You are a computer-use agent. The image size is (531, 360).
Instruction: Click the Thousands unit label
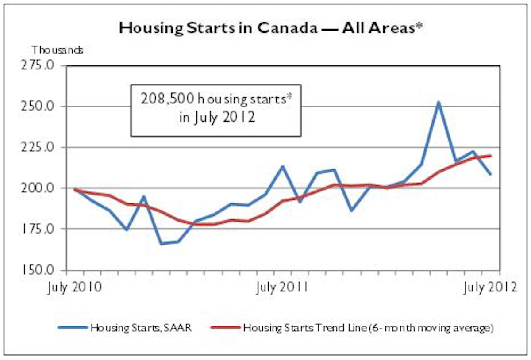click(57, 50)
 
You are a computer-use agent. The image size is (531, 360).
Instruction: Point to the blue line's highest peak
click(438, 102)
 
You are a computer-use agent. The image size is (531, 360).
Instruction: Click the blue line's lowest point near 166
click(161, 244)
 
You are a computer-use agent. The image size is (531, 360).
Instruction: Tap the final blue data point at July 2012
click(490, 174)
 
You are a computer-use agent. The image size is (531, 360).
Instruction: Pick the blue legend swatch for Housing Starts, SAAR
click(73, 328)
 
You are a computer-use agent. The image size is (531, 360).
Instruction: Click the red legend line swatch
click(226, 328)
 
